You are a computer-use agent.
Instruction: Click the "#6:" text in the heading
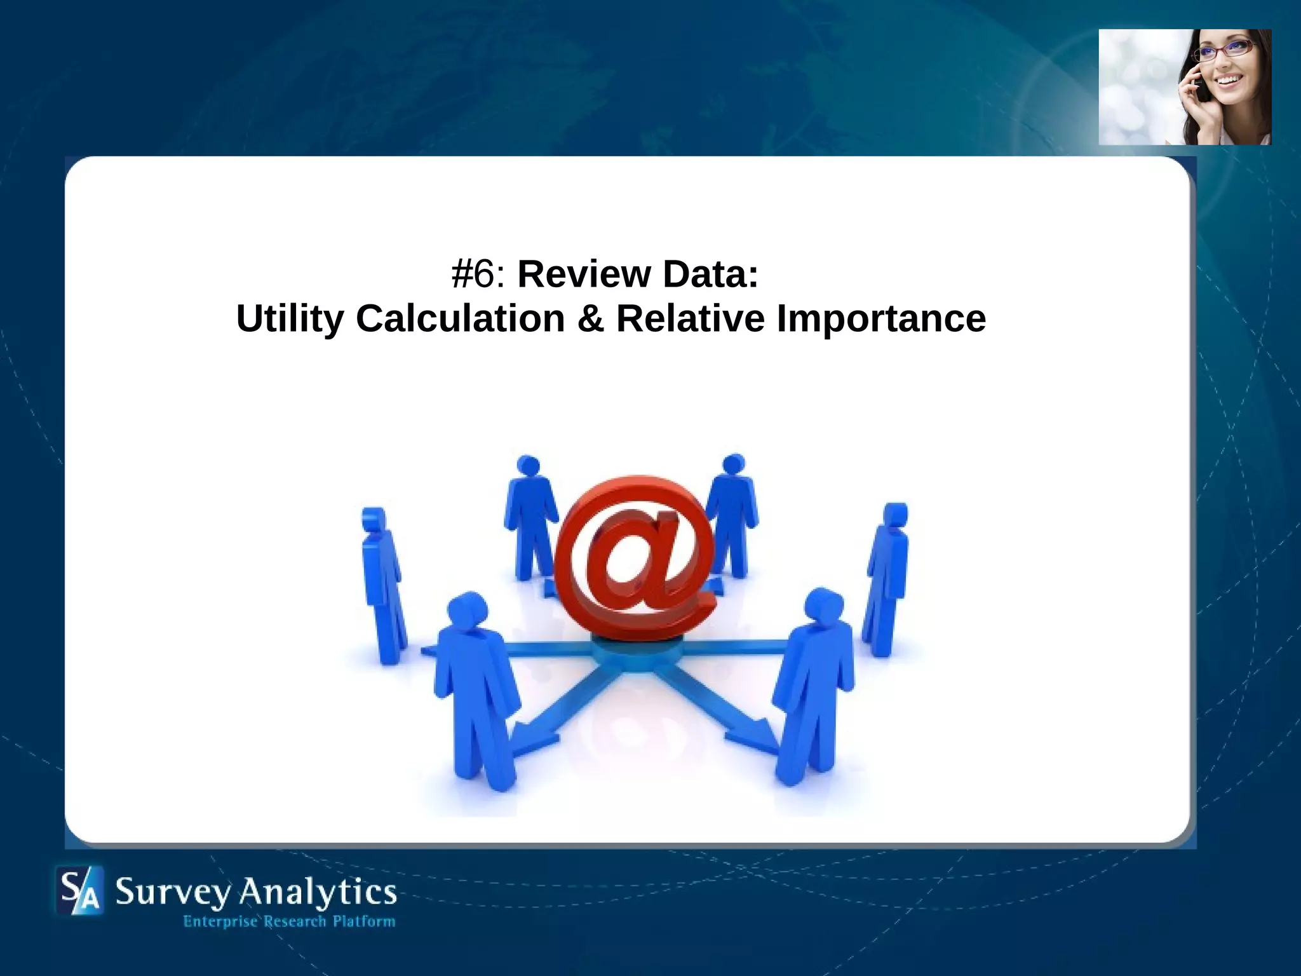(x=478, y=274)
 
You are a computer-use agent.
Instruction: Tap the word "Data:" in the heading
(x=710, y=274)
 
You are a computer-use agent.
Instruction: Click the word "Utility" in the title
(x=290, y=318)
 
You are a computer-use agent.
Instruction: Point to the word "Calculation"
(x=461, y=318)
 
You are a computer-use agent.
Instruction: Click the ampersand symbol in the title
(x=590, y=318)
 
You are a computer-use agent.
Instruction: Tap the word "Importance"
(x=881, y=318)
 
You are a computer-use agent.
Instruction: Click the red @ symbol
(x=635, y=559)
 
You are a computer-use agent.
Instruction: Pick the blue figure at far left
(x=382, y=585)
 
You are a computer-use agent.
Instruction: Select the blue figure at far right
(x=886, y=578)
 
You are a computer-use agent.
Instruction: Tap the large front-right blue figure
(x=813, y=686)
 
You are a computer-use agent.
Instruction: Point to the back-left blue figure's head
(x=528, y=465)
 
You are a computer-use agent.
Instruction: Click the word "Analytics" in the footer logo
(x=317, y=893)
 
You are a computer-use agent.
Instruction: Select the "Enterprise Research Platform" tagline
(x=289, y=921)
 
